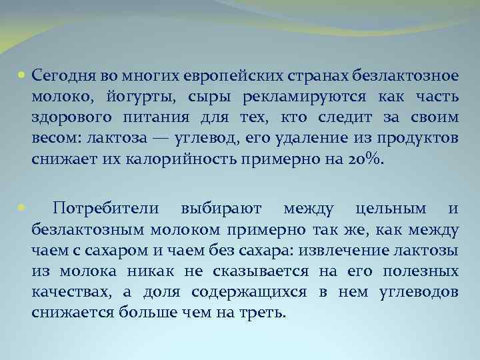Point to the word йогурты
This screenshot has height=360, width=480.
pyautogui.click(x=138, y=97)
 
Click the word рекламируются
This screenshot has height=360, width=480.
pyautogui.click(x=299, y=97)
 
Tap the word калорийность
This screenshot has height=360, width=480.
pyautogui.click(x=147, y=161)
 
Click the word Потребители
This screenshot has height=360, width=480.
pyautogui.click(x=106, y=209)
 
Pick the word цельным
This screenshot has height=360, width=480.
pyautogui.click(x=391, y=209)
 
